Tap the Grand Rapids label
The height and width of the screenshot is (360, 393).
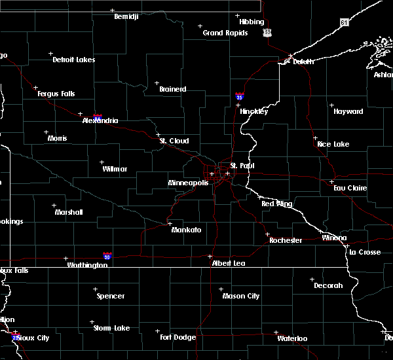pyautogui.click(x=225, y=33)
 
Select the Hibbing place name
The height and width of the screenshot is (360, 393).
pyautogui.click(x=252, y=22)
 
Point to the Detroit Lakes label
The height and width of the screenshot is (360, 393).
pyautogui.click(x=73, y=60)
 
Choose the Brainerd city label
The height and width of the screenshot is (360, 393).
pyautogui.click(x=172, y=89)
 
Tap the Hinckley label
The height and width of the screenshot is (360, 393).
pyautogui.click(x=253, y=111)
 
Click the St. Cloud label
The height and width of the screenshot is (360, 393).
pyautogui.click(x=175, y=141)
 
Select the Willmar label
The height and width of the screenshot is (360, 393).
pyautogui.click(x=115, y=169)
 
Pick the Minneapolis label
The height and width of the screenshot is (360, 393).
pyautogui.click(x=188, y=183)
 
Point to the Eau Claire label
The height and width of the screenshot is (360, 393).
pyautogui.click(x=349, y=188)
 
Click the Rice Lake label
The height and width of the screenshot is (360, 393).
pyautogui.click(x=333, y=144)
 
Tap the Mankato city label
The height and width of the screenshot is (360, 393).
pyautogui.click(x=186, y=230)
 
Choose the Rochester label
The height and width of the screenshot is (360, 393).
pyautogui.click(x=286, y=240)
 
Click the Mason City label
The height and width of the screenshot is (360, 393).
pyautogui.click(x=240, y=296)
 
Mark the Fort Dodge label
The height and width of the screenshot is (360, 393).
pyautogui.click(x=178, y=338)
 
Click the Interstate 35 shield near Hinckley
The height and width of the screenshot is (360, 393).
pyautogui.click(x=240, y=96)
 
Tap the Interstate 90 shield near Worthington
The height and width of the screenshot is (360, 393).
pyautogui.click(x=107, y=256)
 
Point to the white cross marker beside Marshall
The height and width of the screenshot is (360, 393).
pyautogui.click(x=54, y=205)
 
